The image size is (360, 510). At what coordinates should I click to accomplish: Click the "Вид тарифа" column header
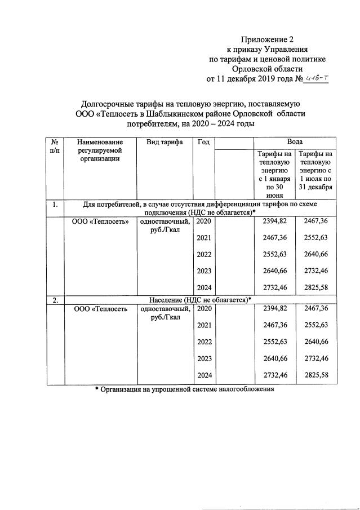point(165,143)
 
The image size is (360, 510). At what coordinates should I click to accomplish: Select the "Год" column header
point(203,143)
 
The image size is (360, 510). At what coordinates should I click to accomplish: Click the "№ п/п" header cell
point(56,147)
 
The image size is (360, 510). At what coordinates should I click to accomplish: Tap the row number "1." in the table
point(56,205)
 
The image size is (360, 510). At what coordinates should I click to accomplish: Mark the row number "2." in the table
point(56,300)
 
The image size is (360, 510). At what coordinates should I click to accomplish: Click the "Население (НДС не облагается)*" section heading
point(200,300)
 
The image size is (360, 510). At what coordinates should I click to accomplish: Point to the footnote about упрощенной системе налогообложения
point(184,389)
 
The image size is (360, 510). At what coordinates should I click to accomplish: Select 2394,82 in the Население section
point(275,309)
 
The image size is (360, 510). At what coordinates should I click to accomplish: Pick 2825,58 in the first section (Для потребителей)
point(315,287)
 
